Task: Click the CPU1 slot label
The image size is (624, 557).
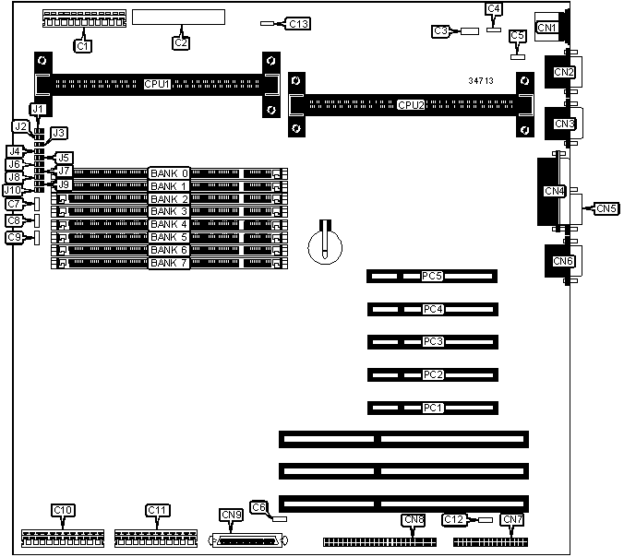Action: pos(157,84)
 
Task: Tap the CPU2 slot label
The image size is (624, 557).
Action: pos(411,104)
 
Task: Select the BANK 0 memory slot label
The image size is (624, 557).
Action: pos(169,172)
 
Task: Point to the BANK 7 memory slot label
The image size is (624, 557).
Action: pos(169,263)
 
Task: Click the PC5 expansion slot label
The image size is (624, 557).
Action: pos(432,276)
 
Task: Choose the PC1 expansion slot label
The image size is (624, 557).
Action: pos(432,407)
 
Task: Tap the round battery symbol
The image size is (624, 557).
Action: pos(326,243)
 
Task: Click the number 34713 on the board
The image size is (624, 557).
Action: pos(480,82)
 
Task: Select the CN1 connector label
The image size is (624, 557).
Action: pos(547,29)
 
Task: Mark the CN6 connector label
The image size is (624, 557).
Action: pos(563,261)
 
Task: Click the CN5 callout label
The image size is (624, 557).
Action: pos(606,209)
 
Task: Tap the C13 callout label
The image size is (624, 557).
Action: pos(298,23)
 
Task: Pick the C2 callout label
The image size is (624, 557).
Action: pos(182,41)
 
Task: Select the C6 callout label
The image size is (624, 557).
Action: pos(258,506)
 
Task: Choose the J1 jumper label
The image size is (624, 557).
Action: pos(37,109)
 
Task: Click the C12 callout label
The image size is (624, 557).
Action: pos(454,519)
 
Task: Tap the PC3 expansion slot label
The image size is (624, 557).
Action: pos(432,341)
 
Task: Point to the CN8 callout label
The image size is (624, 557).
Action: pos(414,519)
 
